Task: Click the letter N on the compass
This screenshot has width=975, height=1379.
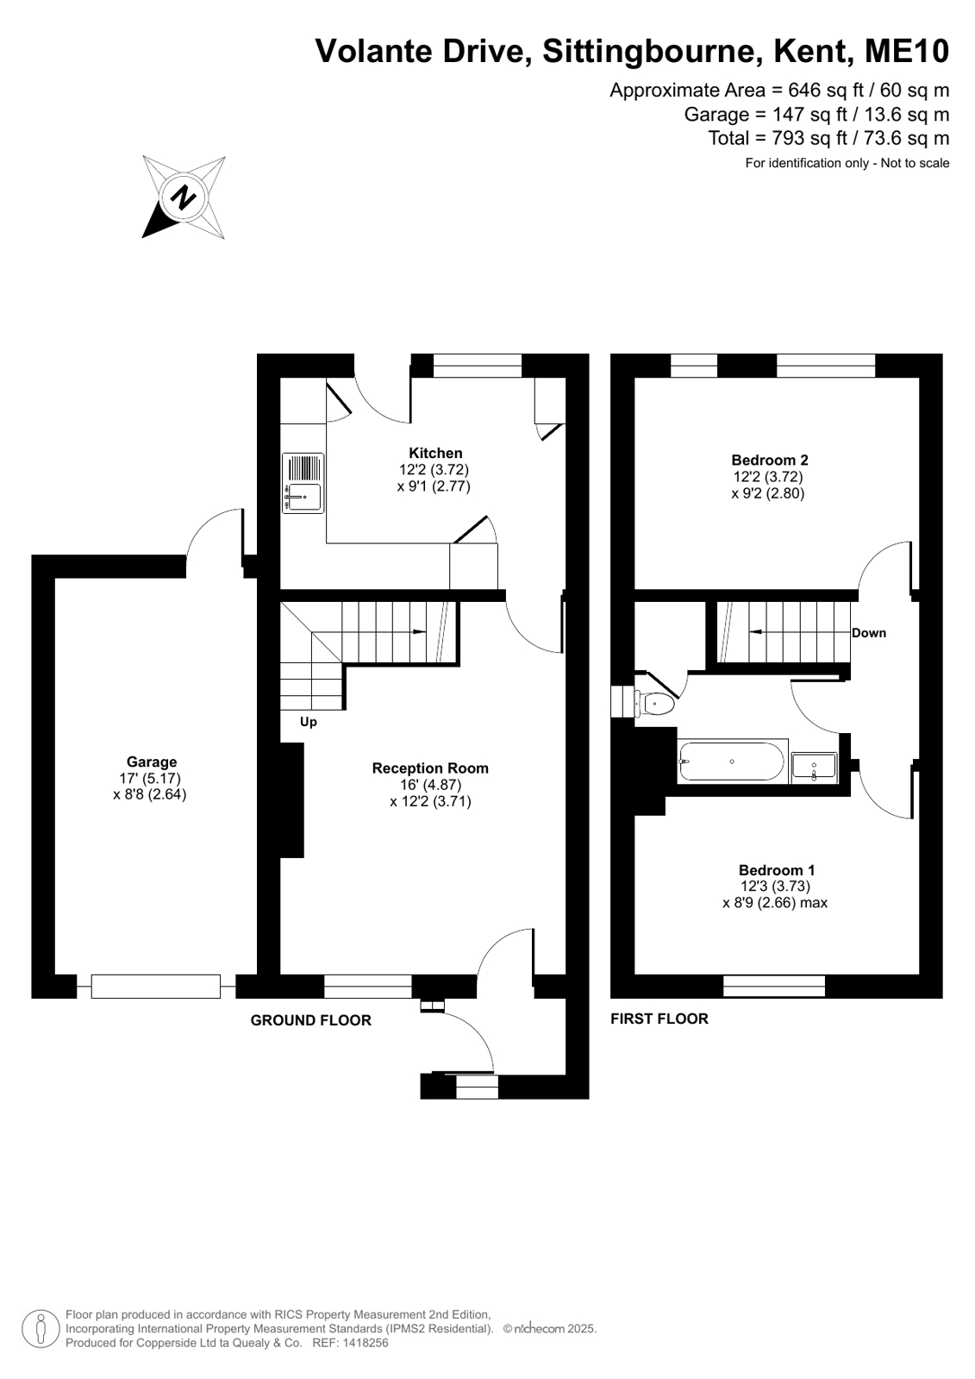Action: tap(183, 197)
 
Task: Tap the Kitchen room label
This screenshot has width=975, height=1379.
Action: tap(435, 453)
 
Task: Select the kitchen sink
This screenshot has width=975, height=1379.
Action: tap(303, 483)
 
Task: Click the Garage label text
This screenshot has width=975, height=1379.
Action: tap(152, 762)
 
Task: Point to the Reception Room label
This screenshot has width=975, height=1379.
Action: tap(430, 768)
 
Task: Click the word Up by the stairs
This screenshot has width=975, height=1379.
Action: tap(309, 722)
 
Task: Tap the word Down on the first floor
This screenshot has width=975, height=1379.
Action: tap(868, 633)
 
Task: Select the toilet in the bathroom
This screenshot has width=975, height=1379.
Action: tap(654, 703)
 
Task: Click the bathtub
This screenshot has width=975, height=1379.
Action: tap(732, 762)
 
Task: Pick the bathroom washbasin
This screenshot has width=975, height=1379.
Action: tap(814, 768)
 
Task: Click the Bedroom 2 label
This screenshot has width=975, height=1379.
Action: tap(770, 460)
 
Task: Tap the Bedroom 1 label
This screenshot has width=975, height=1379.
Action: tap(777, 870)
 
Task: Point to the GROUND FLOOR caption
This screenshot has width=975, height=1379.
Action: tap(311, 1020)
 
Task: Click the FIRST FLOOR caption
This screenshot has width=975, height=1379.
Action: tap(659, 1019)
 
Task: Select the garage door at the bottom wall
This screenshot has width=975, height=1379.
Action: tap(156, 987)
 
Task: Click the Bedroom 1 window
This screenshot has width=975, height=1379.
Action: tap(774, 986)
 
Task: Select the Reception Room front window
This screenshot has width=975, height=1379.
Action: tap(367, 987)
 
